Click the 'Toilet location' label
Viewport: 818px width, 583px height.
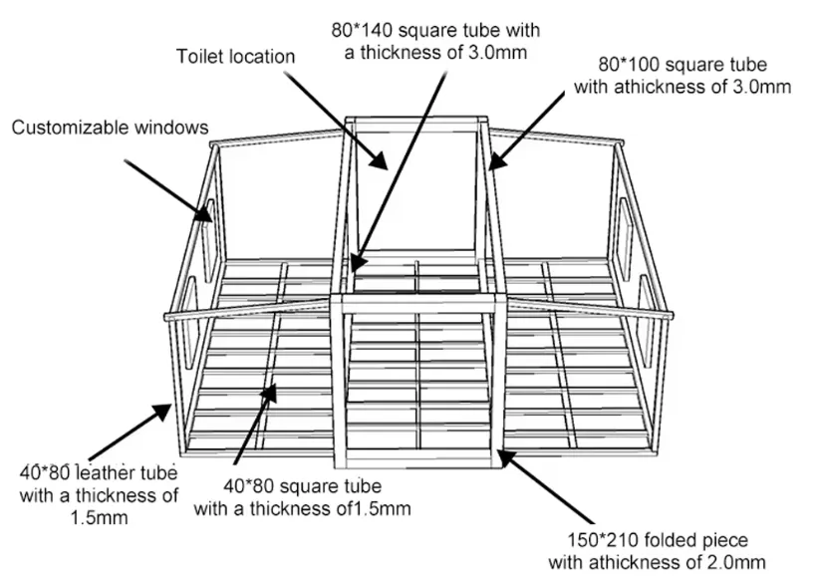[235, 56]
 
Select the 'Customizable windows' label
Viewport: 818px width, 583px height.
[110, 127]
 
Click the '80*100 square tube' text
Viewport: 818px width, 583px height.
[682, 66]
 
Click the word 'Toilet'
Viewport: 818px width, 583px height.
[199, 56]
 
